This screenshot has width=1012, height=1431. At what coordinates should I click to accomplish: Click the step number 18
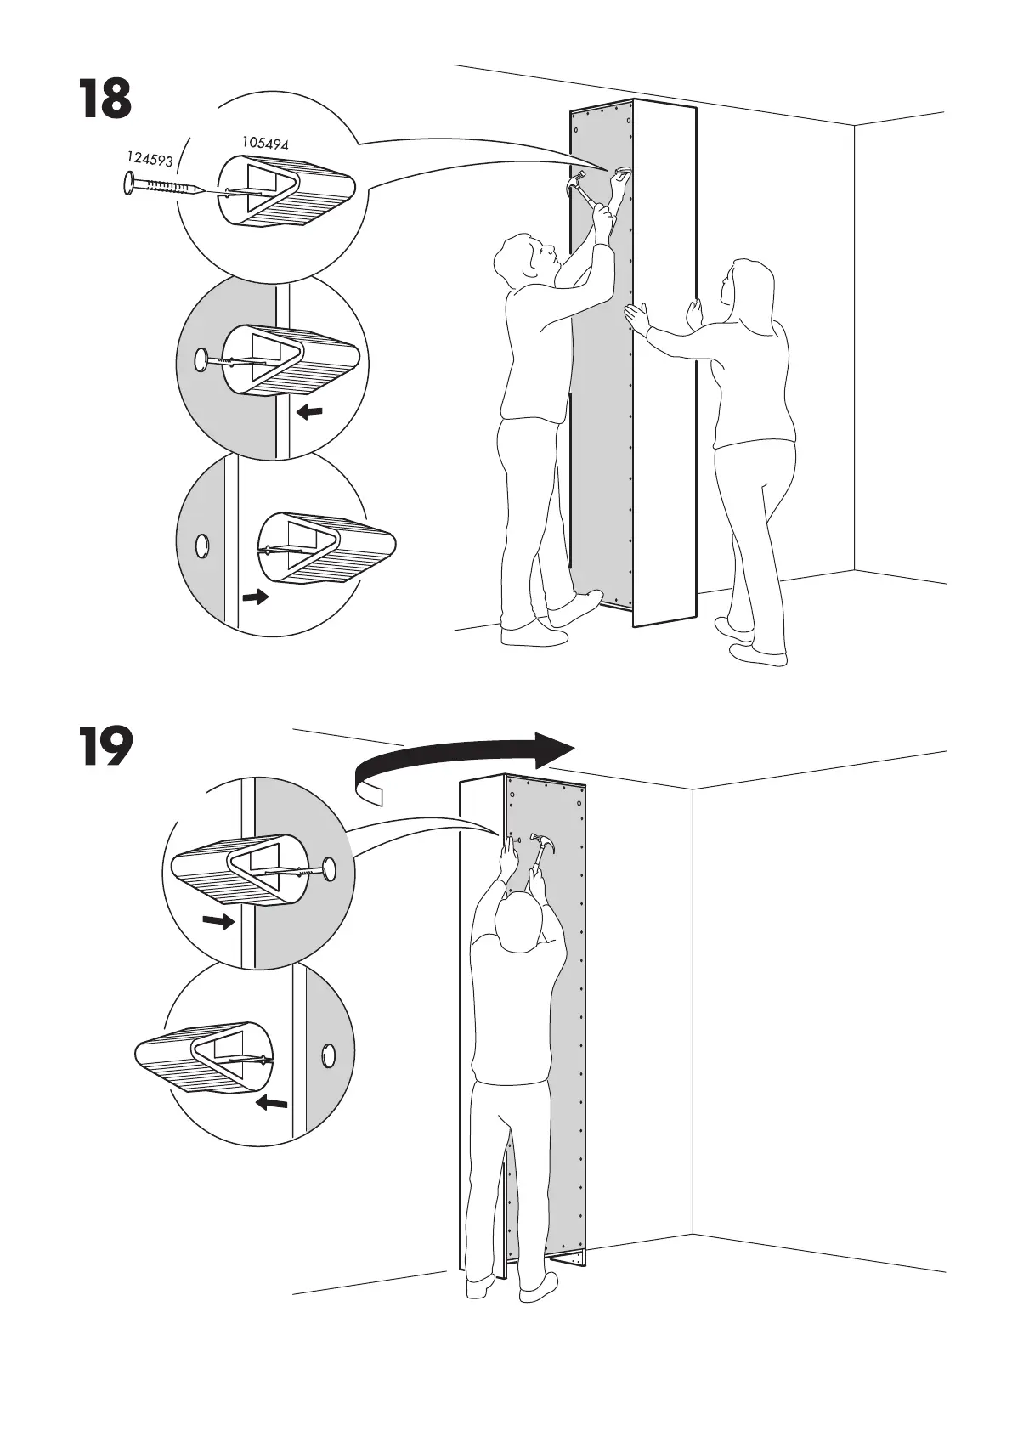pos(105,99)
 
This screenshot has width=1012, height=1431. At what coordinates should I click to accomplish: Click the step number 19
pos(106,746)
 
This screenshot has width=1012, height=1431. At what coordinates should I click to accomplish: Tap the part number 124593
pos(150,159)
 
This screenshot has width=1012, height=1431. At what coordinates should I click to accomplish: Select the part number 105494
pos(265,143)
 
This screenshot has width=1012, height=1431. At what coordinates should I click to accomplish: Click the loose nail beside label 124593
pos(161,185)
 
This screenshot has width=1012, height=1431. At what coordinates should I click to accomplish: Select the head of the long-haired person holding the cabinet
pos(746,286)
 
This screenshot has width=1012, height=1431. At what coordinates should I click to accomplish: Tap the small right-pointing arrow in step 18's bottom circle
pos(255,597)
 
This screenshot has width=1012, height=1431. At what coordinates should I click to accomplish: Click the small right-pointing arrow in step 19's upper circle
pos(218,920)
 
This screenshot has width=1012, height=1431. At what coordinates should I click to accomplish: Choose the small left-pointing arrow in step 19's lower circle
pos(272,1103)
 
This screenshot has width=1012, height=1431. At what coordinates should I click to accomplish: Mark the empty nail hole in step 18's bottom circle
pos(202,545)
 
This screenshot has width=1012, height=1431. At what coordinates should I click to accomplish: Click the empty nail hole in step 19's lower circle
pos(328,1055)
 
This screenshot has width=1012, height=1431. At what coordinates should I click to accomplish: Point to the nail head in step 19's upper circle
pos(329,868)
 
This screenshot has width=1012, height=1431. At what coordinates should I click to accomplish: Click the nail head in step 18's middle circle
pos(201,360)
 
